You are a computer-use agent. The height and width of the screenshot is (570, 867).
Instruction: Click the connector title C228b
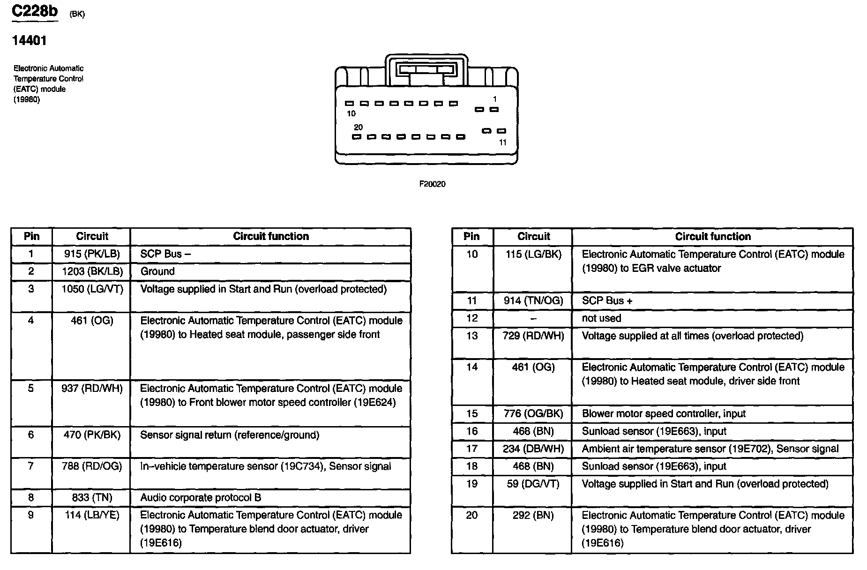click(35, 11)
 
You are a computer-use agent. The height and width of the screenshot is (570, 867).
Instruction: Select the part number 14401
click(29, 41)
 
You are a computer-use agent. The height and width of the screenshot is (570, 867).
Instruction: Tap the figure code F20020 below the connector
click(432, 184)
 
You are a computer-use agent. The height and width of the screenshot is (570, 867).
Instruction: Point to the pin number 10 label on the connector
click(351, 113)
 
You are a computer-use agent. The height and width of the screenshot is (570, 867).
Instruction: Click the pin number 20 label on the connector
click(358, 127)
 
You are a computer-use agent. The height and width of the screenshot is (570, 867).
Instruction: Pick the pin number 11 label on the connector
click(503, 142)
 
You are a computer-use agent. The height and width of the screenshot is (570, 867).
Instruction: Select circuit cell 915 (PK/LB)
click(92, 254)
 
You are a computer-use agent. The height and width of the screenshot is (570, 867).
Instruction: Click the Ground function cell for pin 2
click(157, 271)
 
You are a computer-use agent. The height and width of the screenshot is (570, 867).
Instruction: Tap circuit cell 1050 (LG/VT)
click(92, 289)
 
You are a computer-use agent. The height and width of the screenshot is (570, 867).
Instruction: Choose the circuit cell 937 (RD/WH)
click(92, 389)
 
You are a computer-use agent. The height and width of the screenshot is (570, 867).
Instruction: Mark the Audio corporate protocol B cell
click(201, 498)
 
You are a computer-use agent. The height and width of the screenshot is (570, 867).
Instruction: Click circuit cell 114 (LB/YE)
click(92, 515)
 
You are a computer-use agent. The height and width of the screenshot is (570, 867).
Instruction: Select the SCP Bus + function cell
click(607, 301)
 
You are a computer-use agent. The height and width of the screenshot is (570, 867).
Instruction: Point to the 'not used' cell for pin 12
click(601, 318)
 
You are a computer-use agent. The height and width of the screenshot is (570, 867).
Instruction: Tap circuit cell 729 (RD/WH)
click(533, 336)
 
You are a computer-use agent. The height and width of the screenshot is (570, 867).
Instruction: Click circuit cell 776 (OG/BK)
click(533, 414)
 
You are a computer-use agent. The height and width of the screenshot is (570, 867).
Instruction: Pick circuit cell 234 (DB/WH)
click(533, 449)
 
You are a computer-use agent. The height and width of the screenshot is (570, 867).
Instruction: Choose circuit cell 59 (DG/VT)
click(533, 484)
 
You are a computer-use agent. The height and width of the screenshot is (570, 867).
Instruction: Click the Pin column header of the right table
click(471, 236)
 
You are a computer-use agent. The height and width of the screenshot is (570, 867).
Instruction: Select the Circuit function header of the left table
click(271, 236)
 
